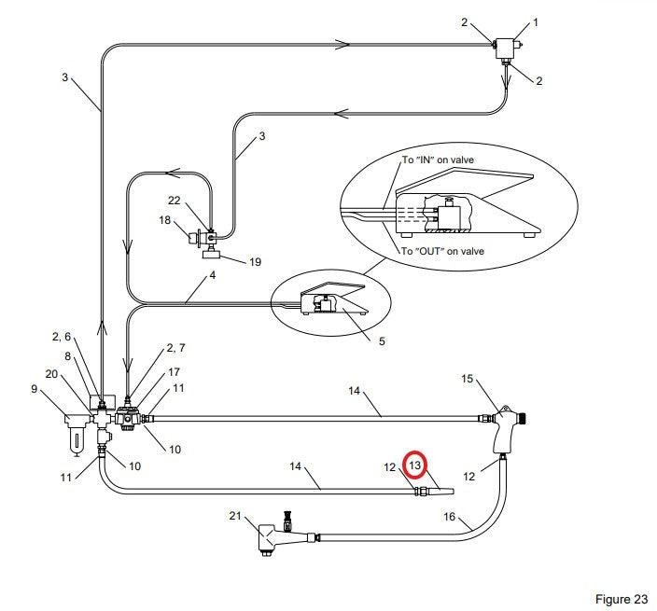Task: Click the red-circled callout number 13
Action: (414, 465)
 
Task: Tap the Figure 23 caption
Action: (622, 599)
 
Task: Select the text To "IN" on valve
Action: (438, 160)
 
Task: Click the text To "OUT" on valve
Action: (442, 251)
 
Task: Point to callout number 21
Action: (235, 516)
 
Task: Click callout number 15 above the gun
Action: (468, 379)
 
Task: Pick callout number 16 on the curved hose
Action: (449, 517)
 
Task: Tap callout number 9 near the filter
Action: (35, 389)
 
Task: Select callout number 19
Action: (255, 262)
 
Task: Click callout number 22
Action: (174, 201)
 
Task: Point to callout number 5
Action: (382, 340)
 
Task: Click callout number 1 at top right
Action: (535, 22)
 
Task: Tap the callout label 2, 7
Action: (175, 348)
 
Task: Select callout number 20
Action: (51, 373)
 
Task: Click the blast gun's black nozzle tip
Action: (523, 418)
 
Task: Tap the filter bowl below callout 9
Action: (77, 439)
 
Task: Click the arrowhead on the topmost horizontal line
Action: (342, 45)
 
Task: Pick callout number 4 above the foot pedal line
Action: (213, 275)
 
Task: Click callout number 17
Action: (174, 372)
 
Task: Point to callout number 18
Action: (164, 220)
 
